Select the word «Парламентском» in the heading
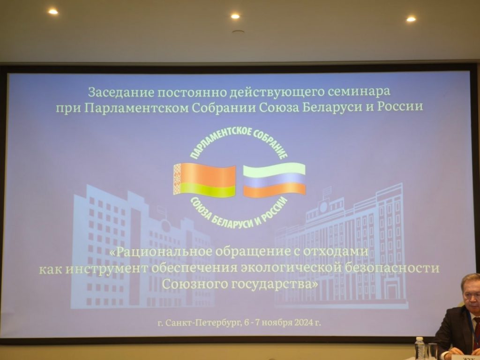click(x=136, y=107)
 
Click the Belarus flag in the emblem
click(x=204, y=180)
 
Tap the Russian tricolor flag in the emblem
click(x=274, y=180)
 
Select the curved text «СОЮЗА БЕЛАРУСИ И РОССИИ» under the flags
click(x=239, y=214)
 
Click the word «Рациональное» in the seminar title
click(x=165, y=252)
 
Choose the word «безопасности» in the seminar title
click(x=392, y=268)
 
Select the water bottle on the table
click(x=420, y=348)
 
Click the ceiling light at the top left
click(x=53, y=12)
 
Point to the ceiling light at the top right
click(x=411, y=19)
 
